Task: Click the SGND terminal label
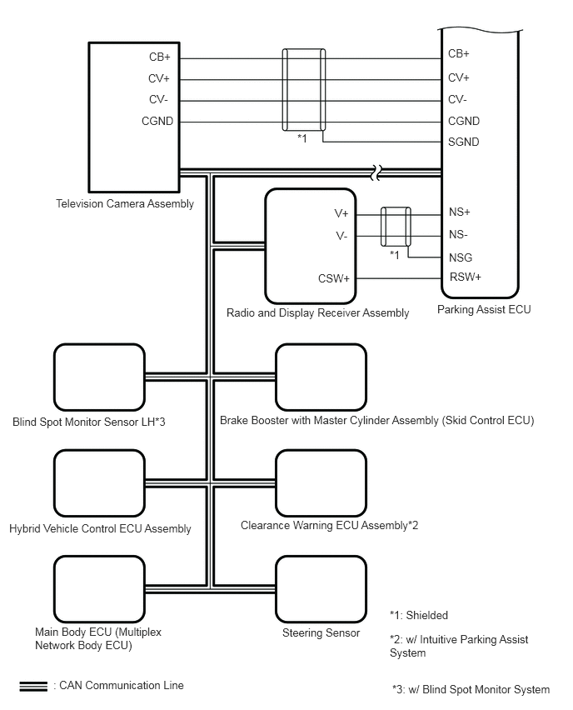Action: point(463,142)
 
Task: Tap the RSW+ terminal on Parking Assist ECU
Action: point(465,277)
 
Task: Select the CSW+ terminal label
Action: point(333,278)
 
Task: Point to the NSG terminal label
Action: point(461,257)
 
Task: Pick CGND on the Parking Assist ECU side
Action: point(463,122)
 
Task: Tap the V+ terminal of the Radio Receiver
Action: point(341,214)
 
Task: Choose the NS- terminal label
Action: point(458,235)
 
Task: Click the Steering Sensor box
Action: point(321,587)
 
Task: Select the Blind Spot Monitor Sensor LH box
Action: point(99,377)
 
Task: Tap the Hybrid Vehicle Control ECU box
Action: point(99,483)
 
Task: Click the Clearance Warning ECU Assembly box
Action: point(321,482)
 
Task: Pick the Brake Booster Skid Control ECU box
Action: point(321,377)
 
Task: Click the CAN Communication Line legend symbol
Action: point(33,686)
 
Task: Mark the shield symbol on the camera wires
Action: point(303,90)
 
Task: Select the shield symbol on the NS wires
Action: point(395,226)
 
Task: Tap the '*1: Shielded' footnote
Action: point(419,616)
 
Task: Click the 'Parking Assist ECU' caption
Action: point(483,310)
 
